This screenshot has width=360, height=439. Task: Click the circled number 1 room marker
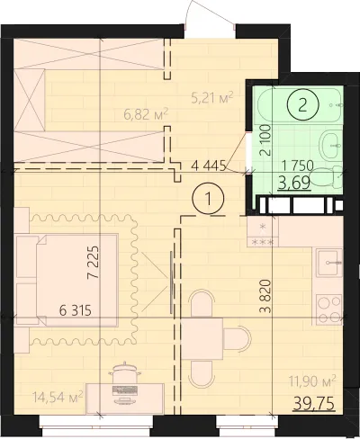pyautogui.click(x=208, y=199)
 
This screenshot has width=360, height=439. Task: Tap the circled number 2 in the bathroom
pyautogui.click(x=302, y=105)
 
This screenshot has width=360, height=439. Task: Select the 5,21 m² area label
pyautogui.click(x=212, y=97)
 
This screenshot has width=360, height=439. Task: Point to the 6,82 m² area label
pyautogui.click(x=146, y=114)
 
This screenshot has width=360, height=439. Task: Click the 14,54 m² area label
pyautogui.click(x=58, y=398)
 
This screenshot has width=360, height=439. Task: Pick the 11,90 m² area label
pyautogui.click(x=312, y=381)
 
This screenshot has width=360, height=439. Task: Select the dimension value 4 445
pyautogui.click(x=208, y=166)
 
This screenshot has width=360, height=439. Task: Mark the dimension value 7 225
pyautogui.click(x=93, y=263)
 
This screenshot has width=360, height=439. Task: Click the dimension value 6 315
pyautogui.click(x=76, y=310)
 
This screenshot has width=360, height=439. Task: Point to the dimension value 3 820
pyautogui.click(x=265, y=296)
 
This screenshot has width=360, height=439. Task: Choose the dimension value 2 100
pyautogui.click(x=265, y=140)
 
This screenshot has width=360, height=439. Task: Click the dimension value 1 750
pyautogui.click(x=299, y=166)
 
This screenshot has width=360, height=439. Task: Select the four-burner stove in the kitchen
pyautogui.click(x=329, y=309)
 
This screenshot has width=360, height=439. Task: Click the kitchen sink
pyautogui.click(x=330, y=263)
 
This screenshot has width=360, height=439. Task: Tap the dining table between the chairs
pyautogui.click(x=202, y=339)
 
